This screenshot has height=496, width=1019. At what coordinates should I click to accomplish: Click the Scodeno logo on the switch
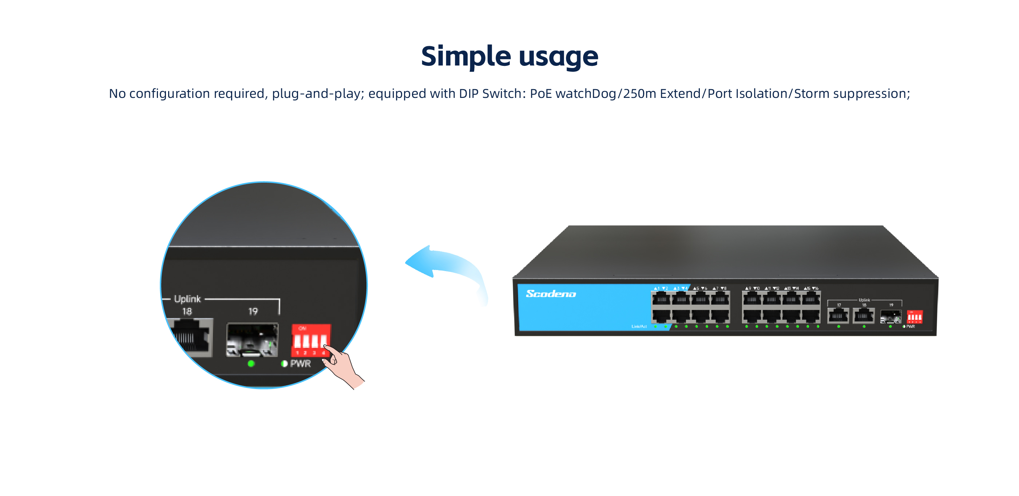coord(551,293)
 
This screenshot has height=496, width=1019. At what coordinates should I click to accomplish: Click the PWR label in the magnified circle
coord(300,364)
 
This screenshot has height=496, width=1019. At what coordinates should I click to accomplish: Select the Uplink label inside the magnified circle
coord(187,299)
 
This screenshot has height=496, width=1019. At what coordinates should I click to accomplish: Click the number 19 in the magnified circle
coord(253,311)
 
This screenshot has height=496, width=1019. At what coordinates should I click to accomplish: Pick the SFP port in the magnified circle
coord(252,340)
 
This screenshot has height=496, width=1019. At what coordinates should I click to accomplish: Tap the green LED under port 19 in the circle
coord(251,364)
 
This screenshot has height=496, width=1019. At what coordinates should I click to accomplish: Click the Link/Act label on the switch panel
coord(639,326)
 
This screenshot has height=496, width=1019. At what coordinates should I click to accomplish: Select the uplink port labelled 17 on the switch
coord(838,316)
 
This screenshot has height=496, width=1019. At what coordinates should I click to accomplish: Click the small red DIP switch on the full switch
coord(914,317)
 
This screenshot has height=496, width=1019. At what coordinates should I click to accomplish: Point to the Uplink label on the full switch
coord(864,300)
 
